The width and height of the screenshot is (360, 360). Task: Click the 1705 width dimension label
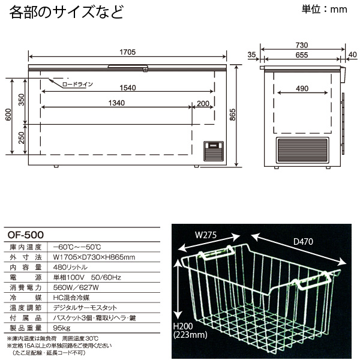pyautogui.click(x=127, y=52)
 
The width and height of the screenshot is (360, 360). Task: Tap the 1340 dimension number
pyautogui.click(x=116, y=103)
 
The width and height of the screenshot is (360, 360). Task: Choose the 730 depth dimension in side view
pyautogui.click(x=302, y=46)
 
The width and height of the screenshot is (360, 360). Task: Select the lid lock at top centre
pyautogui.click(x=145, y=70)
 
